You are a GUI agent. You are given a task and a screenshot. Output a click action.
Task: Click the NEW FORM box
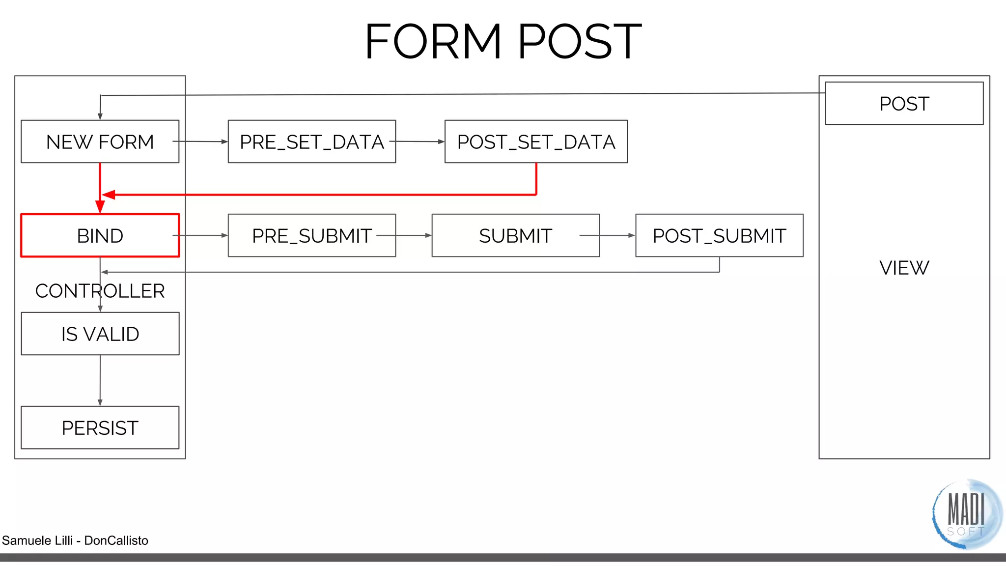click(100, 141)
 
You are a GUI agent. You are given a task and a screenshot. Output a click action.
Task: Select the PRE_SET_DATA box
click(311, 141)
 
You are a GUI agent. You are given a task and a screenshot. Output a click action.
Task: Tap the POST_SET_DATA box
click(536, 141)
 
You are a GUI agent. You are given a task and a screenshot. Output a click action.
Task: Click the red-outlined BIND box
click(100, 235)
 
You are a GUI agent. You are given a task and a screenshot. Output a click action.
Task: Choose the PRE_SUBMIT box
click(311, 235)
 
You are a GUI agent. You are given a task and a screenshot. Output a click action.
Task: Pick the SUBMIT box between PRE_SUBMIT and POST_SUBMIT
click(515, 235)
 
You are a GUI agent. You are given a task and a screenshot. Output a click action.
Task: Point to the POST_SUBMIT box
click(719, 235)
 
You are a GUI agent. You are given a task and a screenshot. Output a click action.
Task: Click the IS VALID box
click(100, 334)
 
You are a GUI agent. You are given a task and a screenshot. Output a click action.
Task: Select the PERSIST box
click(100, 427)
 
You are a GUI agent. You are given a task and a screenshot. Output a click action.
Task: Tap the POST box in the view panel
click(904, 103)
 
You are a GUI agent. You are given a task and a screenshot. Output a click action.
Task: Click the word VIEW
click(904, 268)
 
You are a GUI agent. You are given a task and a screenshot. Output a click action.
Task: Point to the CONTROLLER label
click(100, 291)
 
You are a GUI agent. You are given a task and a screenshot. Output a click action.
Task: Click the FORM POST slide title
click(503, 42)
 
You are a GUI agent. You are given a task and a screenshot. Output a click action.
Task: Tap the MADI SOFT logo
click(966, 514)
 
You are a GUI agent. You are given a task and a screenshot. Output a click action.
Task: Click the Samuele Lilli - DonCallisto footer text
click(75, 540)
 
